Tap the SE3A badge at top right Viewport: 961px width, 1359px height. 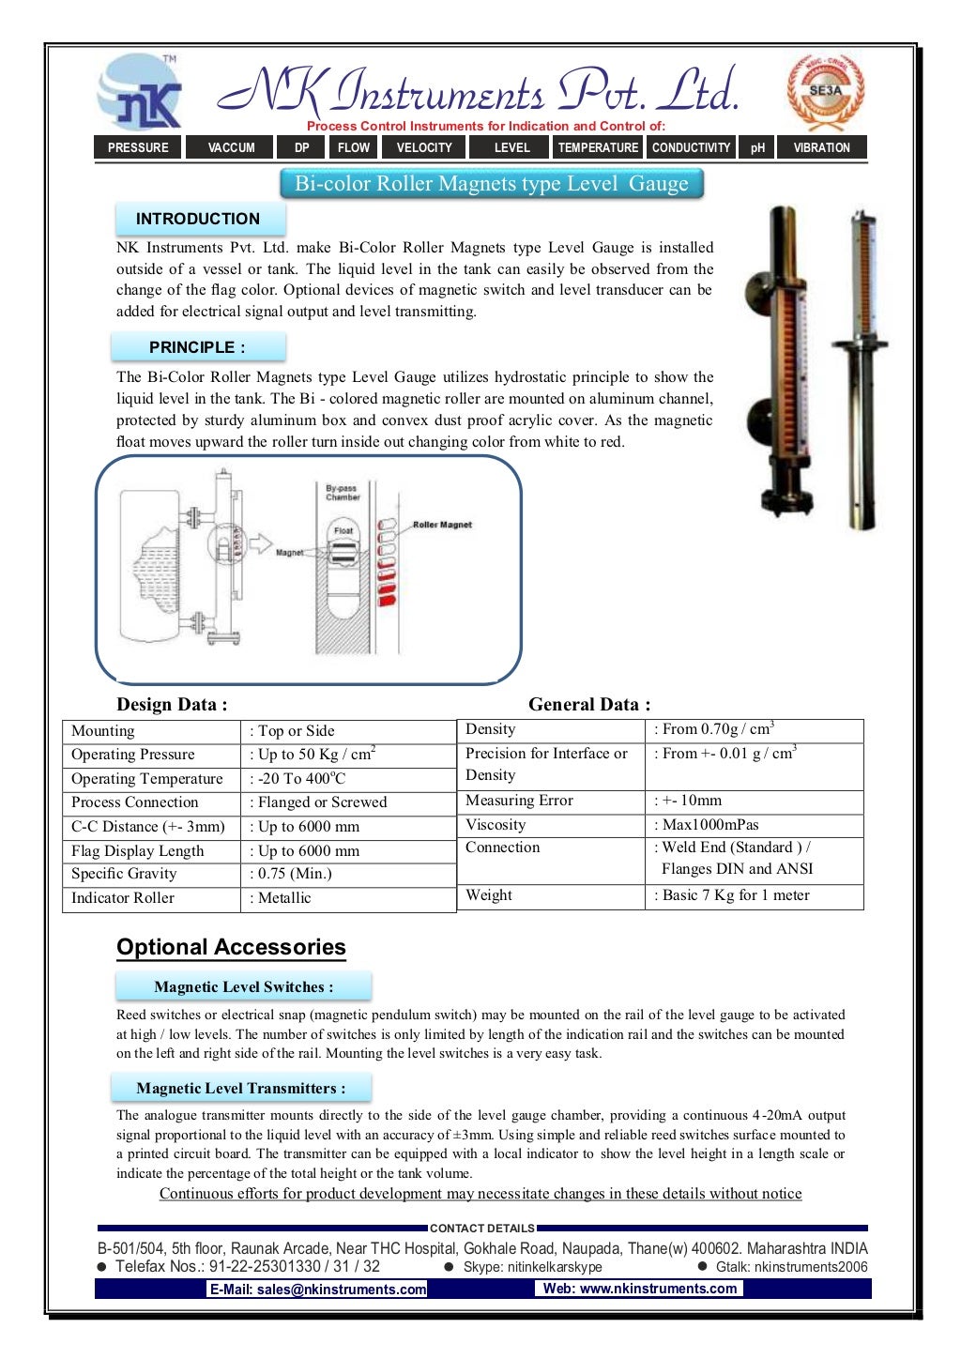coord(825,91)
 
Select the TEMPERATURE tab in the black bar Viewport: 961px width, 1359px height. coord(597,147)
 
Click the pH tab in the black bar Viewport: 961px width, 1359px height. coord(757,147)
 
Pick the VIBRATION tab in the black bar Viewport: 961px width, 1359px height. coord(821,147)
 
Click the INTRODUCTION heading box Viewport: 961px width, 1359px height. coord(199,219)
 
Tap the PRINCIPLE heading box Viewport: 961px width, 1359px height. coord(198,347)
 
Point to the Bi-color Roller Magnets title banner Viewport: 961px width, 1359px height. coord(492,184)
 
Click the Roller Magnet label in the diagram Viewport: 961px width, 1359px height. coord(442,525)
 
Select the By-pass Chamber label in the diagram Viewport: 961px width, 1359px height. coord(343,493)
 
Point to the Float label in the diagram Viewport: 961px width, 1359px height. coord(343,530)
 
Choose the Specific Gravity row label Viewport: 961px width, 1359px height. coord(124,874)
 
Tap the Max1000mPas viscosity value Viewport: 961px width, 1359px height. coord(710,825)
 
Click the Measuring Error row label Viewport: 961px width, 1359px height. coord(519,801)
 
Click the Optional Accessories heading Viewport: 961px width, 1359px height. coord(231,947)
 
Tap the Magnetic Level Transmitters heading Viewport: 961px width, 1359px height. coord(241,1089)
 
